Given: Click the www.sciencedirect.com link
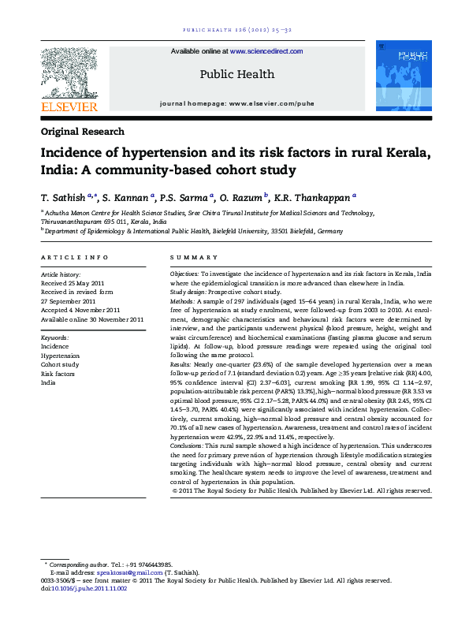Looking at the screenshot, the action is (x=266, y=51).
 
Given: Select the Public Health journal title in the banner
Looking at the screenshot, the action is (x=236, y=74).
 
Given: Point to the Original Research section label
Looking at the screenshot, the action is (x=82, y=132).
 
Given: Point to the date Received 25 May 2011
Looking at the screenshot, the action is (x=72, y=282).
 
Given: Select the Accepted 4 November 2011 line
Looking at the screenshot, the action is (x=80, y=310).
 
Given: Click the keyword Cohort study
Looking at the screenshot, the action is (x=60, y=365).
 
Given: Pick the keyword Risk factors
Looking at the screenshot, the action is (x=59, y=374).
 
